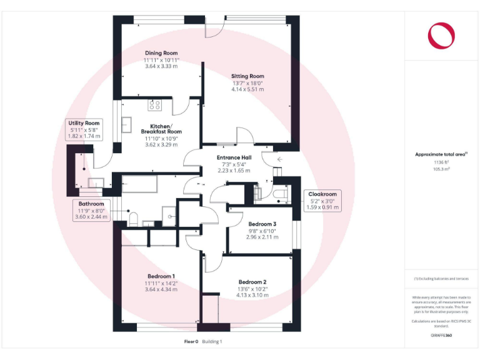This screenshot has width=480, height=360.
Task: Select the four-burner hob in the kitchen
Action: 154,105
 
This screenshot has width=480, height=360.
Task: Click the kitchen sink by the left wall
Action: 126,122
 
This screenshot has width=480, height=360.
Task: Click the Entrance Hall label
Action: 233,157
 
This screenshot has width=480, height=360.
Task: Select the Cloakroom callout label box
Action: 322,201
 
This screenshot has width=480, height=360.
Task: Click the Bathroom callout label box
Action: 91,211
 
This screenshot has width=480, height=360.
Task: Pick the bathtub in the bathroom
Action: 146,186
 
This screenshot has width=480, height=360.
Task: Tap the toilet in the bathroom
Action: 132,218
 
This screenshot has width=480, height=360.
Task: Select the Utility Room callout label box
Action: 84,129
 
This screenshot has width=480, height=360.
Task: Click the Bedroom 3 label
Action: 262,224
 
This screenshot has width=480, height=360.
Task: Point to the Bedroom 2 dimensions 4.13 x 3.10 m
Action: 253,295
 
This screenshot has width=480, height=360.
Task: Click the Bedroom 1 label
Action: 161,276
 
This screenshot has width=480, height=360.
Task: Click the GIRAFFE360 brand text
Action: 441,336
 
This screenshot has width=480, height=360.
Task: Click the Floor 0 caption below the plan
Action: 191,342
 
